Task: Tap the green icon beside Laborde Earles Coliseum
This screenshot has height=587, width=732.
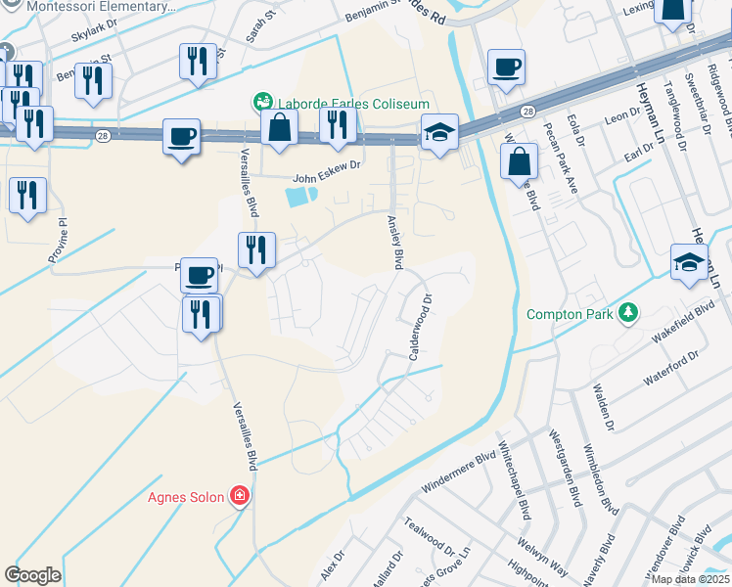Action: (262, 101)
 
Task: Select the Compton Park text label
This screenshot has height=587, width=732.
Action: (568, 314)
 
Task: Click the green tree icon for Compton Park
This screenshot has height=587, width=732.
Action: (626, 313)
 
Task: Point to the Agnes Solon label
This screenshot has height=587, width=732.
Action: (186, 497)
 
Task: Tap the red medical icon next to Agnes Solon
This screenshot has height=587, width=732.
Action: (239, 497)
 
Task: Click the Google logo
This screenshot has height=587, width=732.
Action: (32, 574)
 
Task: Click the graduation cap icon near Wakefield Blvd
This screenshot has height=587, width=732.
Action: (689, 261)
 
